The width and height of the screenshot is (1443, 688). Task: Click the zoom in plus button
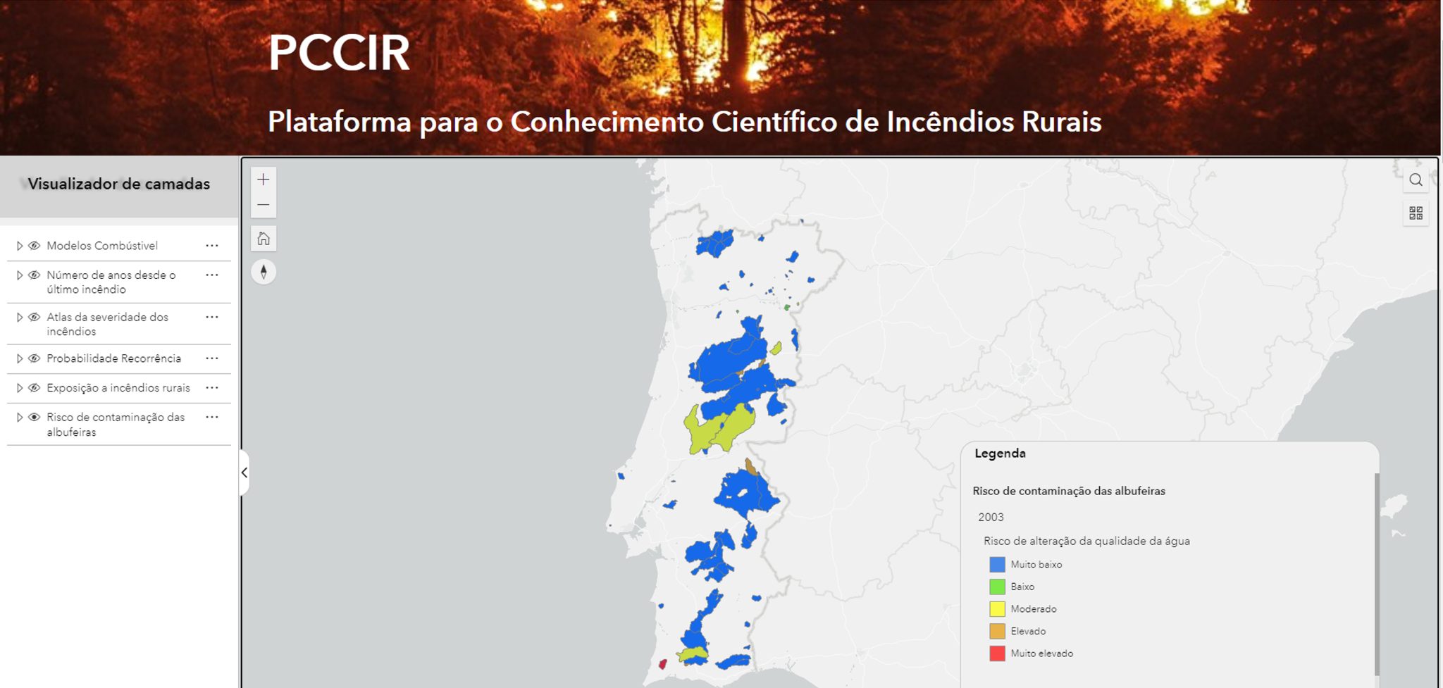(x=264, y=180)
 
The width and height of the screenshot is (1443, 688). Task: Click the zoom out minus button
(x=264, y=205)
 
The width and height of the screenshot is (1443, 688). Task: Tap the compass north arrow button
(x=264, y=272)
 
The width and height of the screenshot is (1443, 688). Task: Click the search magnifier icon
(x=1416, y=180)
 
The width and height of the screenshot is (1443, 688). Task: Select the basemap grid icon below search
(x=1416, y=213)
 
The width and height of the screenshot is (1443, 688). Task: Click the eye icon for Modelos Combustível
(x=34, y=246)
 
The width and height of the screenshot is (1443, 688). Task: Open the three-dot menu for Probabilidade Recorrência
(x=212, y=358)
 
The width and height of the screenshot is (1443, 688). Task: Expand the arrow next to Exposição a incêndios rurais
(x=20, y=388)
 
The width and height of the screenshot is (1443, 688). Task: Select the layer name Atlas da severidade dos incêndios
(x=108, y=324)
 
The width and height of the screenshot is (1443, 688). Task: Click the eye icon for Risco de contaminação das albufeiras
(x=34, y=417)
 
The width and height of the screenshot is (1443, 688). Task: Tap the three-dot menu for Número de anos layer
(x=212, y=275)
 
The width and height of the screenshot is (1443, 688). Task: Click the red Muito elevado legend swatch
(x=997, y=653)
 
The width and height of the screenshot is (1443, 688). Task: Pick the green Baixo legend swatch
(x=997, y=587)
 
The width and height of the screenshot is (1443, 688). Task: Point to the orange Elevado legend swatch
(x=997, y=631)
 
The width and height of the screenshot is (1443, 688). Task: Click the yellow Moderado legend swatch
(x=997, y=609)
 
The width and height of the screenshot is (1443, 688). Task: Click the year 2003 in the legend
(x=991, y=517)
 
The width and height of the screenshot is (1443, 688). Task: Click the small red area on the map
(x=662, y=664)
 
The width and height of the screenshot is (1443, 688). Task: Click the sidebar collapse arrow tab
(x=244, y=473)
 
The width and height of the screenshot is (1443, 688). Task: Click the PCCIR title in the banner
(x=339, y=53)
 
